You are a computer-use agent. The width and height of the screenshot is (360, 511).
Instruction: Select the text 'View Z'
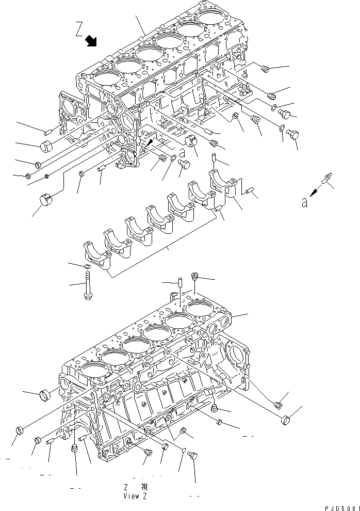click(x=135, y=496)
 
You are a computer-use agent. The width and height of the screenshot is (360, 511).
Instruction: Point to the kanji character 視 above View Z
click(x=144, y=487)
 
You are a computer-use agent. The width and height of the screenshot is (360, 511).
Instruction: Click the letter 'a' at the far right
click(x=305, y=203)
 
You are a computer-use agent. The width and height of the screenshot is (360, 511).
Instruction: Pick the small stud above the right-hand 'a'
click(x=328, y=179)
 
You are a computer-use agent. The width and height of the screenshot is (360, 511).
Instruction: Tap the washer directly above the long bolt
click(x=88, y=266)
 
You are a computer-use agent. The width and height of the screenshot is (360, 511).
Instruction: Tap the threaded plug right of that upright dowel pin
click(x=195, y=277)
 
